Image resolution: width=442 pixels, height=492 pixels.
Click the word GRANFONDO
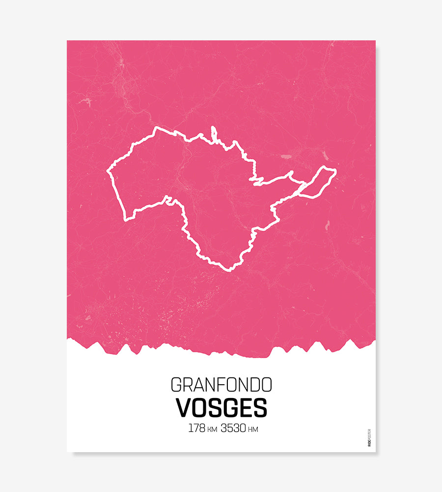tap(221, 384)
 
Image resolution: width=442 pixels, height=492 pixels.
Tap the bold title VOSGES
tap(221, 407)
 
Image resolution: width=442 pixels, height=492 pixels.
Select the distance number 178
tap(196, 428)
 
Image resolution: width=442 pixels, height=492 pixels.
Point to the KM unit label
tap(212, 430)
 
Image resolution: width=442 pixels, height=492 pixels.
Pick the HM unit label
tap(253, 430)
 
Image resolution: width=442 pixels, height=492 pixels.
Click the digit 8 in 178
tap(201, 428)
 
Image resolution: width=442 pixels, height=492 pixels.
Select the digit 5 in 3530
tap(229, 428)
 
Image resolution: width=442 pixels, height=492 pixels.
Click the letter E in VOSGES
tap(244, 407)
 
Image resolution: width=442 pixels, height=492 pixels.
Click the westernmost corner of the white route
tap(108, 172)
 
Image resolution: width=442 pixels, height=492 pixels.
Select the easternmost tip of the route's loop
tap(335, 171)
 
